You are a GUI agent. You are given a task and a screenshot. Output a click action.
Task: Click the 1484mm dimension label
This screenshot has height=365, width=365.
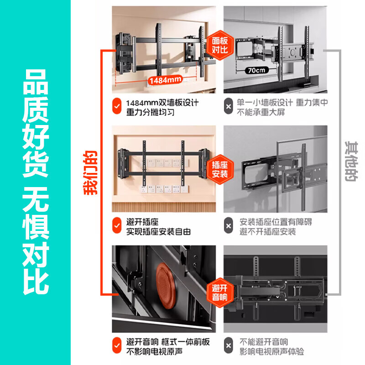[165, 80]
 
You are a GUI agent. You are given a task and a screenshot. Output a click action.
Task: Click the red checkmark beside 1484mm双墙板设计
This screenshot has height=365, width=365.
[117, 107]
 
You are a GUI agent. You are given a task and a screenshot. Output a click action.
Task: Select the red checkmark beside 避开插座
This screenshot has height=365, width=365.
[117, 227]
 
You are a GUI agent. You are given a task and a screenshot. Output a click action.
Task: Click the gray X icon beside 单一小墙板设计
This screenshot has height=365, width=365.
[228, 107]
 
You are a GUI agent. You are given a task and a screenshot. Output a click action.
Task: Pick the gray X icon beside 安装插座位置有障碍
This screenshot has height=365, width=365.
[228, 227]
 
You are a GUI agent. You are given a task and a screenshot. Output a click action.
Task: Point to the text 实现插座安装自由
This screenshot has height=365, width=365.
[158, 232]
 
